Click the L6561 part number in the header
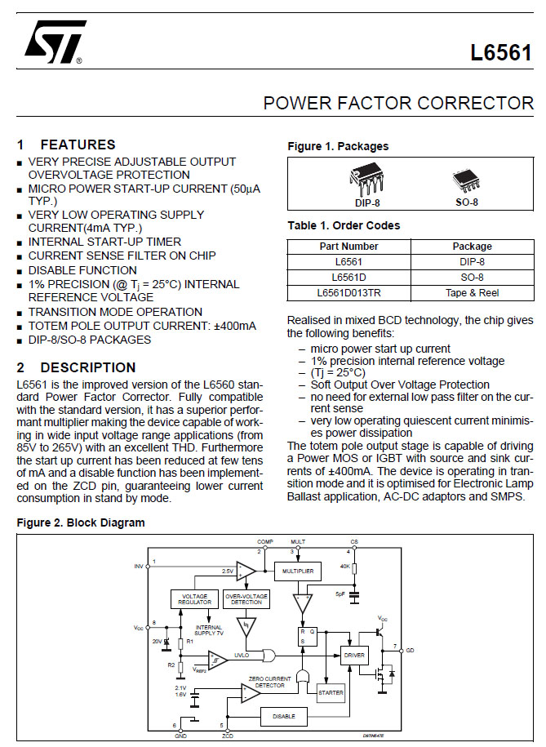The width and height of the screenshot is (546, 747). pyautogui.click(x=500, y=54)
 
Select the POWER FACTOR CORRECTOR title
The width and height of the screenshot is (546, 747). pyautogui.click(x=398, y=104)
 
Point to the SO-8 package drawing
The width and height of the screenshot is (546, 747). pyautogui.click(x=467, y=181)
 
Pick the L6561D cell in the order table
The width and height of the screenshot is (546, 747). pyautogui.click(x=348, y=277)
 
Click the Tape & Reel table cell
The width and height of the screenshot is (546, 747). pyautogui.click(x=472, y=292)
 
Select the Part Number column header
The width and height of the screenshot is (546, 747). pyautogui.click(x=348, y=246)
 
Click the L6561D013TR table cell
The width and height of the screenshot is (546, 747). pyautogui.click(x=348, y=292)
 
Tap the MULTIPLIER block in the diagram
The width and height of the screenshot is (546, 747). pyautogui.click(x=298, y=572)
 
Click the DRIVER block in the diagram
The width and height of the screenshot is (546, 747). pyautogui.click(x=354, y=655)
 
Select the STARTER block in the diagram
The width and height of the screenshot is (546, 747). pyautogui.click(x=331, y=691)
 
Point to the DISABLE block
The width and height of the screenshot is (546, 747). pyautogui.click(x=284, y=717)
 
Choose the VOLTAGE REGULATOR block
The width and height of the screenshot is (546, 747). pyautogui.click(x=194, y=598)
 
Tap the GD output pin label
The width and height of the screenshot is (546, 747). pyautogui.click(x=410, y=650)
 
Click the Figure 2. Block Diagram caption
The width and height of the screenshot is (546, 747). pyautogui.click(x=81, y=522)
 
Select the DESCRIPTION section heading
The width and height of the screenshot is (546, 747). pyautogui.click(x=87, y=367)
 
